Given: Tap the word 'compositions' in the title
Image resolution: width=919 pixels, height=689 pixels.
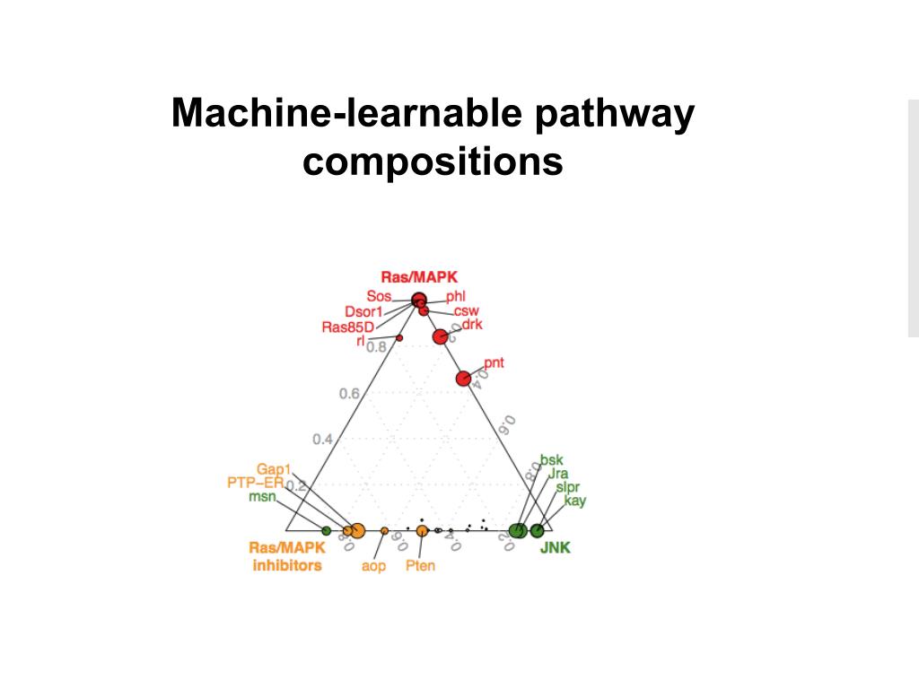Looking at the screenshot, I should point(433,162).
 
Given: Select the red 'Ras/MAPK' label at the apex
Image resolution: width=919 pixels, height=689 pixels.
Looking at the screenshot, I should point(419,277).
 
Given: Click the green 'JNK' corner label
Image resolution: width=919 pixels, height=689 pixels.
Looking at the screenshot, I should point(555,547).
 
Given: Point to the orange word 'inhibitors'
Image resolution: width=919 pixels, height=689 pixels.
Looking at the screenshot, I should point(287,565).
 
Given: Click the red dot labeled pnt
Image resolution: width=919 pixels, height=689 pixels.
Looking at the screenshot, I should point(463,379).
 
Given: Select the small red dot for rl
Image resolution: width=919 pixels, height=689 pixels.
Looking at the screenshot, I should point(399,338).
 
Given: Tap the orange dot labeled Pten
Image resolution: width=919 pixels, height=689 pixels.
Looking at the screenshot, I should point(422,531).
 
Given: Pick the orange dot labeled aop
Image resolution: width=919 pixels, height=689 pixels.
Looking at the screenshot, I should point(384,531).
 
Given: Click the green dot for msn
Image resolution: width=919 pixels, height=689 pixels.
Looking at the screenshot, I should point(326,530).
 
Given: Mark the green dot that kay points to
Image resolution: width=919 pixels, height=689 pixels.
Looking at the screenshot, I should point(537,530).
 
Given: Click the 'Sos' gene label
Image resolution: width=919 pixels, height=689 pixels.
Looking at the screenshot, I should point(378,297).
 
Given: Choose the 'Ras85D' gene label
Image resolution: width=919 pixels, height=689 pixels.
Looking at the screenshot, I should point(346,327).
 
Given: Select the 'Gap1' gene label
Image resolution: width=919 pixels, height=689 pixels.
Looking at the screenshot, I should point(274,469).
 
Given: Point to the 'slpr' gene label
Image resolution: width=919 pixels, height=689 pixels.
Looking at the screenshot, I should point(567,487).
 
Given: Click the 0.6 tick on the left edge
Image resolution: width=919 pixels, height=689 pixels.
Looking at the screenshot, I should point(350,394).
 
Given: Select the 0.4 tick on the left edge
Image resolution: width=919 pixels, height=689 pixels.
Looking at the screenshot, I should point(323,439).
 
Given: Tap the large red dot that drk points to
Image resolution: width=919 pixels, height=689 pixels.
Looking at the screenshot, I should point(440,336).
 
